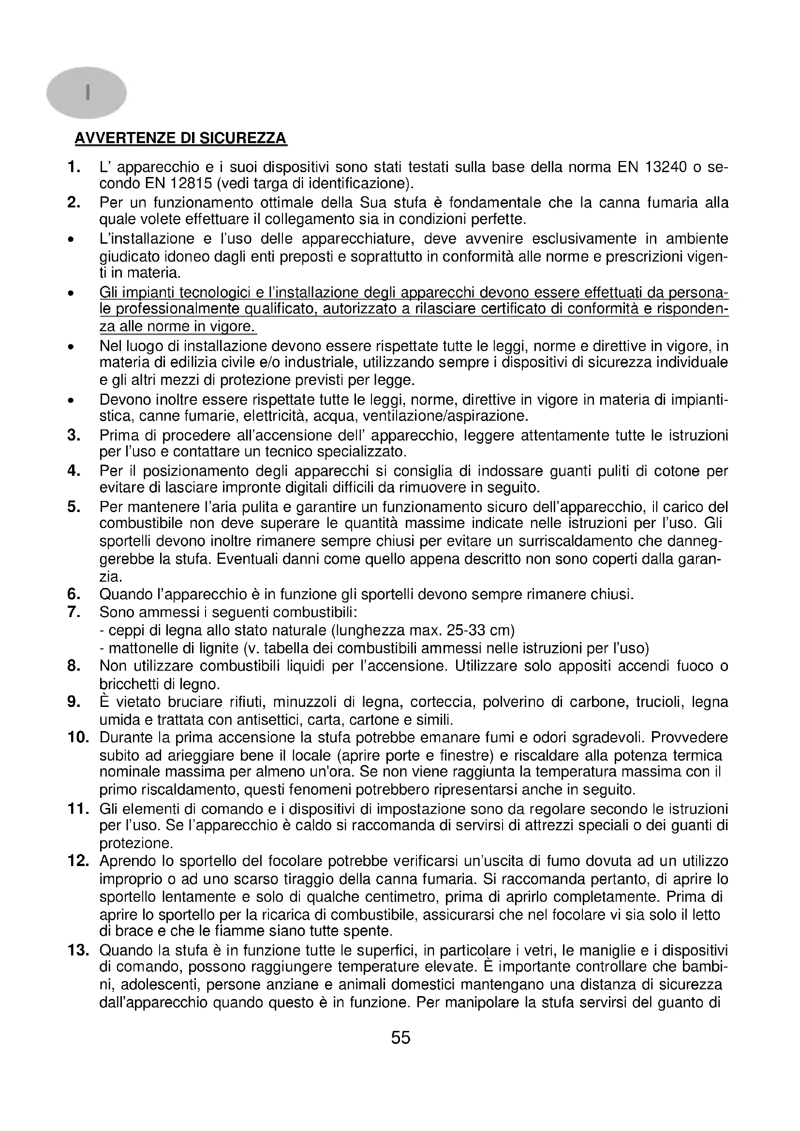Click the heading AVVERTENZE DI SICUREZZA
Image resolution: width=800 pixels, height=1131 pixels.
(x=180, y=138)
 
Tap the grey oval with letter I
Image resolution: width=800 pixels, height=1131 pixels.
(x=87, y=93)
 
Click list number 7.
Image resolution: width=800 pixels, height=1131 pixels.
(x=74, y=612)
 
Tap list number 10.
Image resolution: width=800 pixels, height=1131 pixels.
(x=78, y=737)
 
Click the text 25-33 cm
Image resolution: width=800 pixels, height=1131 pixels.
(x=480, y=631)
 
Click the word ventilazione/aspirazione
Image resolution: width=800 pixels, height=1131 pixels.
(x=445, y=416)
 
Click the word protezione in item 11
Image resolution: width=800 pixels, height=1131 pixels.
(x=136, y=844)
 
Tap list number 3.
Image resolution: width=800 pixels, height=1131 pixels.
(x=74, y=436)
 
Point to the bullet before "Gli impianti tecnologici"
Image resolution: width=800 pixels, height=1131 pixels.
(x=72, y=294)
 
